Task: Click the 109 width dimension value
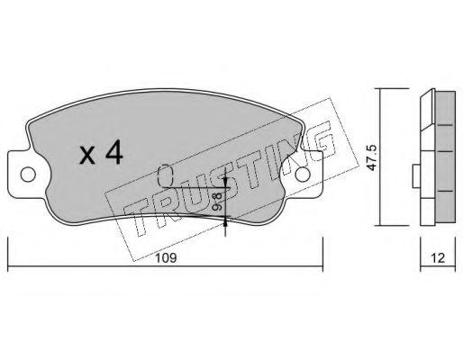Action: click(x=166, y=257)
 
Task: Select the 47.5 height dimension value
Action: click(x=373, y=158)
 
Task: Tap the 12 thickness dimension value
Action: click(x=438, y=257)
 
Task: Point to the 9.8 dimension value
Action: click(x=217, y=201)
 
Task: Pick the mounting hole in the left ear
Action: click(x=28, y=175)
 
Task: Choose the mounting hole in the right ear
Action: click(x=303, y=175)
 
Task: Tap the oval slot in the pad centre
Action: click(x=165, y=175)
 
